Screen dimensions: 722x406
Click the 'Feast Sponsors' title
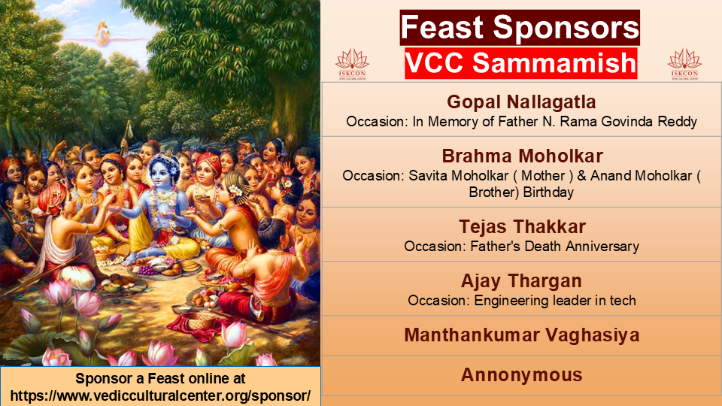[x=520, y=27]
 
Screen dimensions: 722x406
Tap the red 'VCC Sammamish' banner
[x=520, y=63]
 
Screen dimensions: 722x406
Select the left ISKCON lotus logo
[x=352, y=65]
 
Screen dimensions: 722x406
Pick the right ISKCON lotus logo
[x=684, y=65]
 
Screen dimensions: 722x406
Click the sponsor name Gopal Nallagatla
[x=521, y=101]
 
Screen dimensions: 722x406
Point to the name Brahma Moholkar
[x=522, y=156]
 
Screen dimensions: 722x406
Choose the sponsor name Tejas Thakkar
[x=522, y=226]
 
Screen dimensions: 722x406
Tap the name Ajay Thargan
[x=521, y=280]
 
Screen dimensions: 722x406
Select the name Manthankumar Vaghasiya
[x=522, y=335]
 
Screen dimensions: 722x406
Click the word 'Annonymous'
[x=522, y=374]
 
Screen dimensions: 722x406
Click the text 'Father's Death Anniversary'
[x=554, y=247]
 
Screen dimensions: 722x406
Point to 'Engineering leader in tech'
[x=555, y=301]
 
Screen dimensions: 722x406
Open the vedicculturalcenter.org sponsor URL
[x=160, y=395]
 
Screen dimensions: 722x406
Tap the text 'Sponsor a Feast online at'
[x=160, y=378]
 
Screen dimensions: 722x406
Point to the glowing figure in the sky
[x=102, y=34]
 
